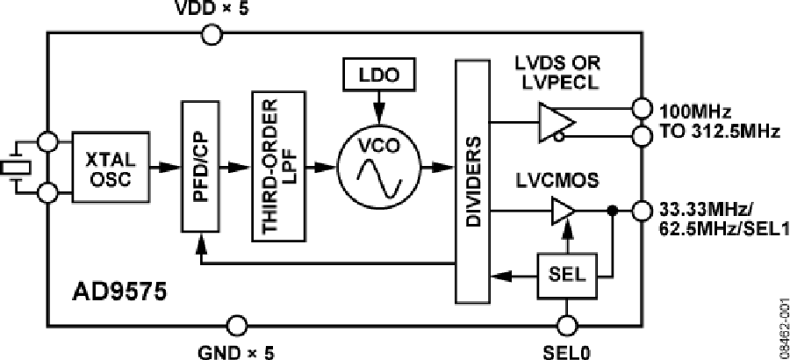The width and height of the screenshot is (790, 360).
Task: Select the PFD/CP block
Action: (x=199, y=166)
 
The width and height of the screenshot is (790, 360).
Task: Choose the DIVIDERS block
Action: (x=475, y=180)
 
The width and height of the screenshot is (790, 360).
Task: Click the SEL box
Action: (x=567, y=274)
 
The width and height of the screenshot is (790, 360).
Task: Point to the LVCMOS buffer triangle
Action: (x=562, y=211)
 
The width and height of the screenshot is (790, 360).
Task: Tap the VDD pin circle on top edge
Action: (x=212, y=35)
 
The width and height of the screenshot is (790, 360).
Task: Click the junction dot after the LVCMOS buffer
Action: (x=613, y=211)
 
